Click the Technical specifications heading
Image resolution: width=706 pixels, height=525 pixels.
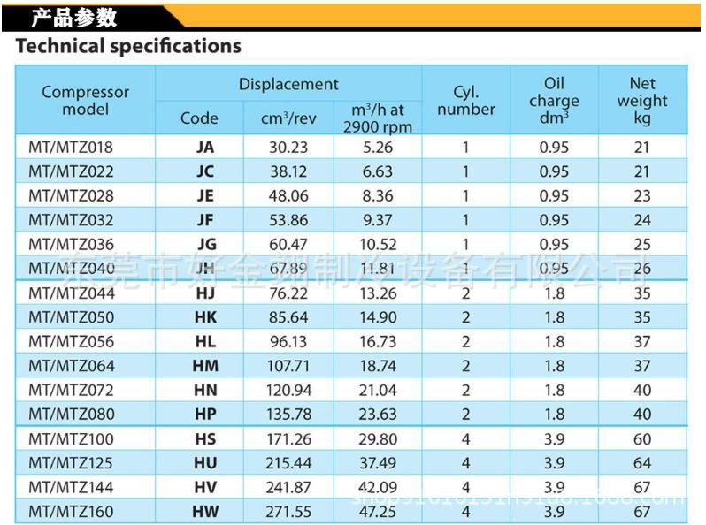pos(128,46)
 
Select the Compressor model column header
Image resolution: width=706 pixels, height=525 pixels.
pos(86,100)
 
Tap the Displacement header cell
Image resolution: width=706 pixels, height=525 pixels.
pos(288,84)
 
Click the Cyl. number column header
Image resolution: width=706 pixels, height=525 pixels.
pos(466,100)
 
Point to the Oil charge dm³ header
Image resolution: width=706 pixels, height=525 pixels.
pos(554,100)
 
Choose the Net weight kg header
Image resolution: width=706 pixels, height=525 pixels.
pos(642,100)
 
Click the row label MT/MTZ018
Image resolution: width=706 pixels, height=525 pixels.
pos(71,147)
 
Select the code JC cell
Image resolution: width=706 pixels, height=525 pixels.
pos(205,171)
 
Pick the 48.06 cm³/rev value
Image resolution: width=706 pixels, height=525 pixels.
pos(288,195)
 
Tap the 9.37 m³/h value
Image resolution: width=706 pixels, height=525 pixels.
pos(377,220)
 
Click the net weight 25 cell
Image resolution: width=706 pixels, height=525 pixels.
pos(642,244)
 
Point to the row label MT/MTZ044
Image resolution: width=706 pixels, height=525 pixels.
pos(71,293)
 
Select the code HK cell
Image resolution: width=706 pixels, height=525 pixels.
pos(205,317)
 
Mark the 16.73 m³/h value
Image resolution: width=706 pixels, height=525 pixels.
pos(377,341)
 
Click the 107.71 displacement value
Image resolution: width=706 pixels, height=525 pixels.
pos(288,366)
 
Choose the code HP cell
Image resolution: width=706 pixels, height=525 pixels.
pos(205,414)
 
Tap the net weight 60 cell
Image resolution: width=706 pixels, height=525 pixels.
pos(642,438)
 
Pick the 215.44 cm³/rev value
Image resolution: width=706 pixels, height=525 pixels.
pos(288,462)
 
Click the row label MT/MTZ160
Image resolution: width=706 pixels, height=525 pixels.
pos(71,511)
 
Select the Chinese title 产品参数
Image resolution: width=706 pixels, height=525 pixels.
pos(74,17)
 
